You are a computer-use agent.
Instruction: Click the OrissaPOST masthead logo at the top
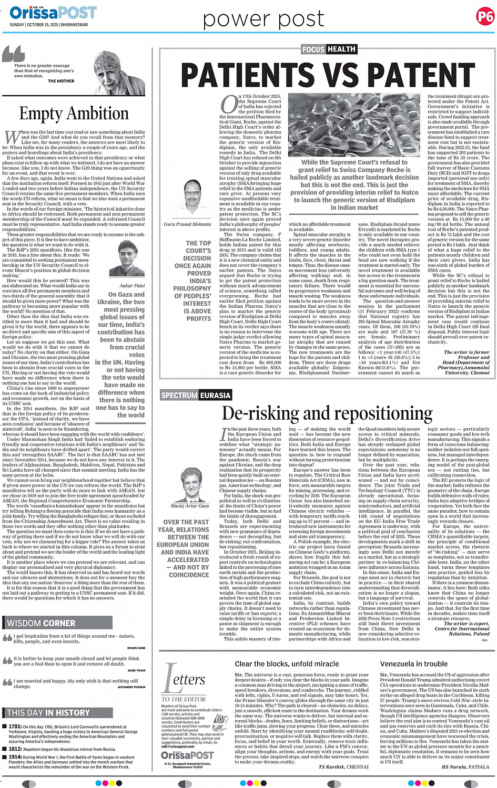53,13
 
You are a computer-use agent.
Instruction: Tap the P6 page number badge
485,17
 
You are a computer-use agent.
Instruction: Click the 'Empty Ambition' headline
74,113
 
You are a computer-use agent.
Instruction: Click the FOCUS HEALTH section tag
329,49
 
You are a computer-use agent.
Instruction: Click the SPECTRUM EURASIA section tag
196,395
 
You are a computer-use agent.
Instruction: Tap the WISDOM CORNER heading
42,624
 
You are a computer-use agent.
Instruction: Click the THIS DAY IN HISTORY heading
48,713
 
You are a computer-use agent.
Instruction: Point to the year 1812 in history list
15,749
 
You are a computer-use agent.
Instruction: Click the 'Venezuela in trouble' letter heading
414,664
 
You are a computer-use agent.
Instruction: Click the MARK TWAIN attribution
136,670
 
